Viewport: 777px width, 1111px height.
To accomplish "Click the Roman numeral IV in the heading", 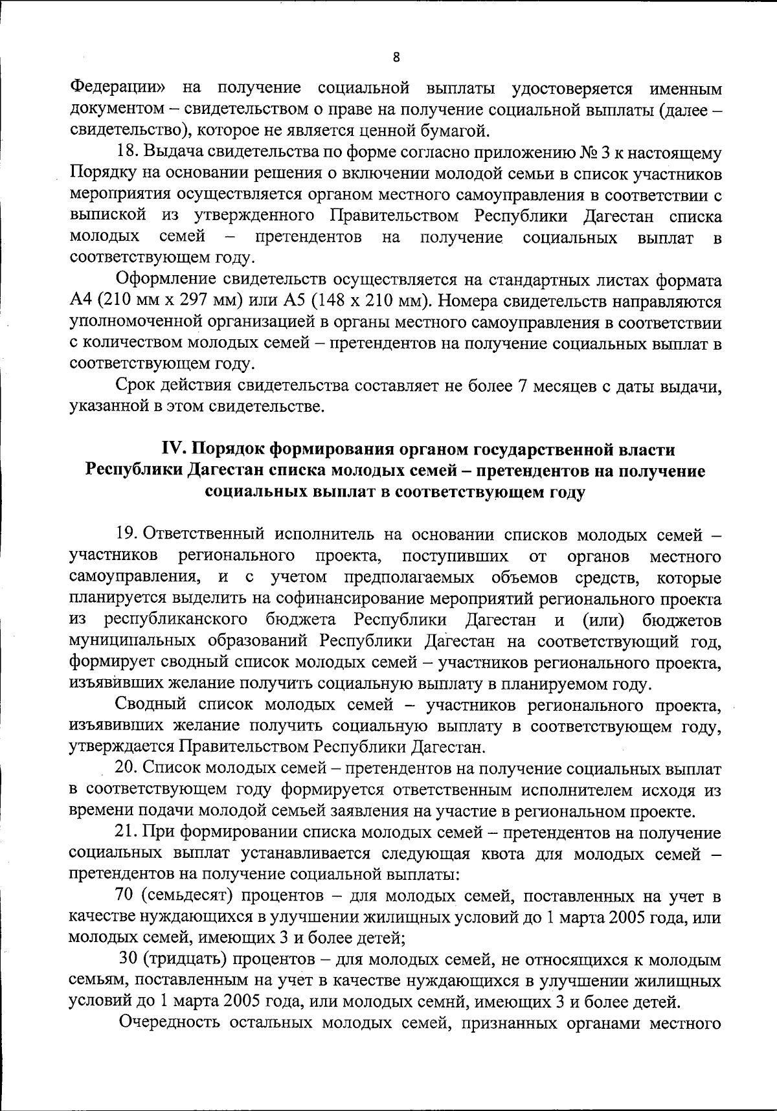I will [x=172, y=449].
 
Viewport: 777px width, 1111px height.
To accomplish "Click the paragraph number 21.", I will [x=126, y=831].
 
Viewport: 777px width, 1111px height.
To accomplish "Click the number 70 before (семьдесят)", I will [x=125, y=895].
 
